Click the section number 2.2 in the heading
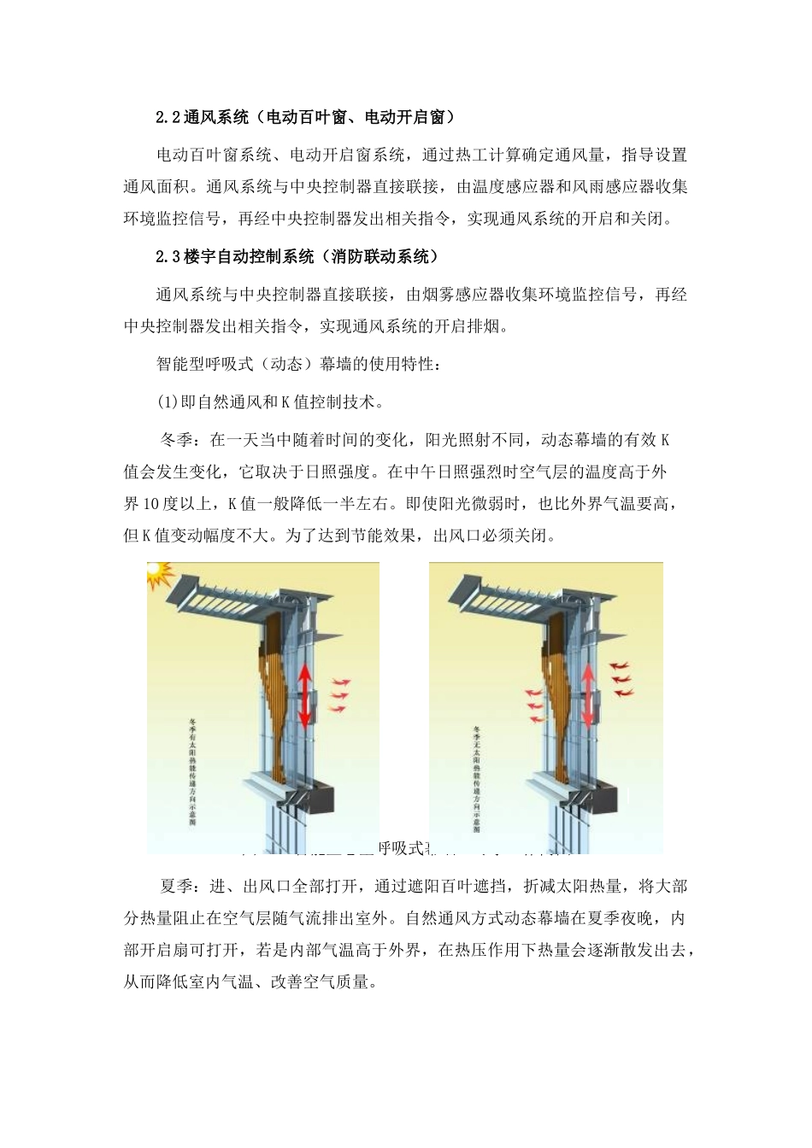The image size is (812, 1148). (169, 117)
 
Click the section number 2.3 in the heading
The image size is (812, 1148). (169, 256)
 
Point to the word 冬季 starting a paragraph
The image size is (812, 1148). (178, 440)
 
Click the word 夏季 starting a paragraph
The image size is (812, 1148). (178, 886)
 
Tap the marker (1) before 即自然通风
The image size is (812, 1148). (166, 401)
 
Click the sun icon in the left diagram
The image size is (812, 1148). (159, 576)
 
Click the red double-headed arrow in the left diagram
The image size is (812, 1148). (305, 696)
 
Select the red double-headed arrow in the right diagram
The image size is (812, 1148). (588, 696)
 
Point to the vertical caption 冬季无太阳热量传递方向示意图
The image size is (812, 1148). (475, 777)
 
